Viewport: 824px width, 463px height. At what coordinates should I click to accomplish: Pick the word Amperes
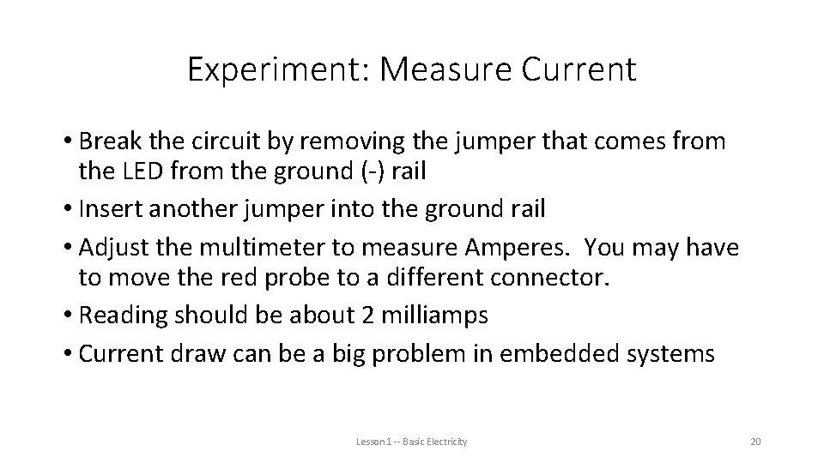point(501,248)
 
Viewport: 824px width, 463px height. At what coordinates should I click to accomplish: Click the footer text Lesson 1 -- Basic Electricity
point(412,441)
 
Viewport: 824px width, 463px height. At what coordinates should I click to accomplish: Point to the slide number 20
point(756,441)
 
